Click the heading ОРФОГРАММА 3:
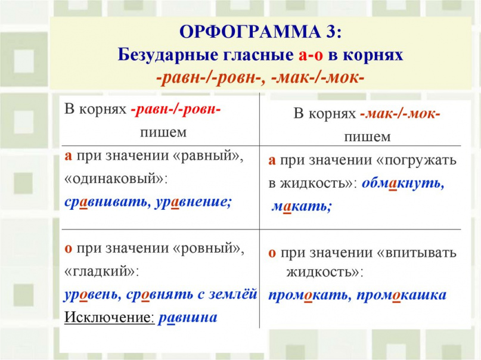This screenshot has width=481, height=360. pos(260,31)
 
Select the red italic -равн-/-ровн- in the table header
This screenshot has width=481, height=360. pos(176,110)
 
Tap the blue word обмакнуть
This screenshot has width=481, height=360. pos(403,183)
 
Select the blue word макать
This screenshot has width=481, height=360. pos(302,206)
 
